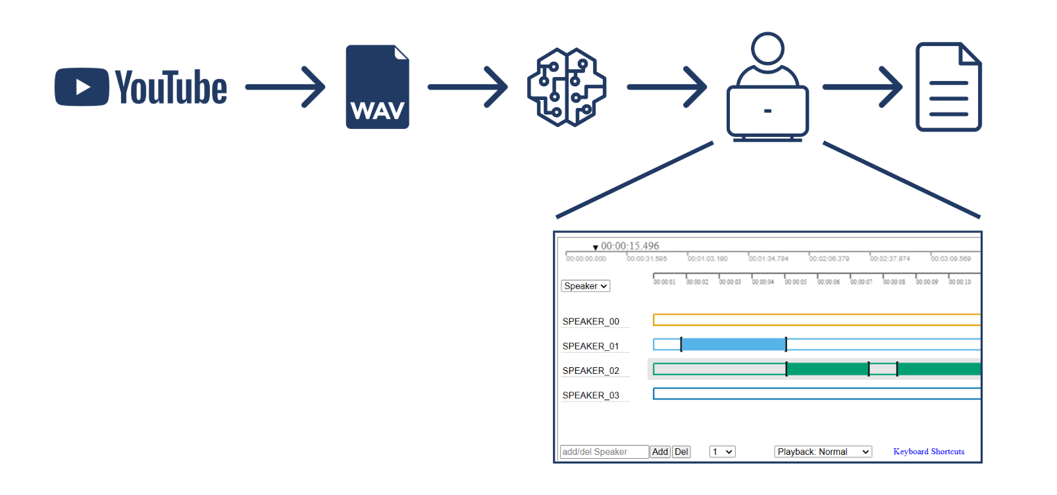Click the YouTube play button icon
tap(82, 87)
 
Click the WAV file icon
tap(377, 87)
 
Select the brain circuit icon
tap(567, 87)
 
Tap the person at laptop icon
tap(767, 87)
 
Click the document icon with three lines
tap(948, 87)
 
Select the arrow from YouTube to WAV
tap(285, 87)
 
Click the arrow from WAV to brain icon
tap(467, 87)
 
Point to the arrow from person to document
tap(862, 87)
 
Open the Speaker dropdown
tap(585, 286)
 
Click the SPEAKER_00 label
tap(590, 322)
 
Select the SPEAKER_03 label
tap(590, 396)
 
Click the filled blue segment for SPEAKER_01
tap(733, 344)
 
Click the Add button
tap(659, 452)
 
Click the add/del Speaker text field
tap(604, 452)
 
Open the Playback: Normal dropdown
tap(823, 452)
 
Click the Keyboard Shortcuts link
tap(929, 452)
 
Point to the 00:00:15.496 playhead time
tap(629, 246)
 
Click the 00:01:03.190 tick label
tap(708, 259)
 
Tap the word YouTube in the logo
tap(171, 88)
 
